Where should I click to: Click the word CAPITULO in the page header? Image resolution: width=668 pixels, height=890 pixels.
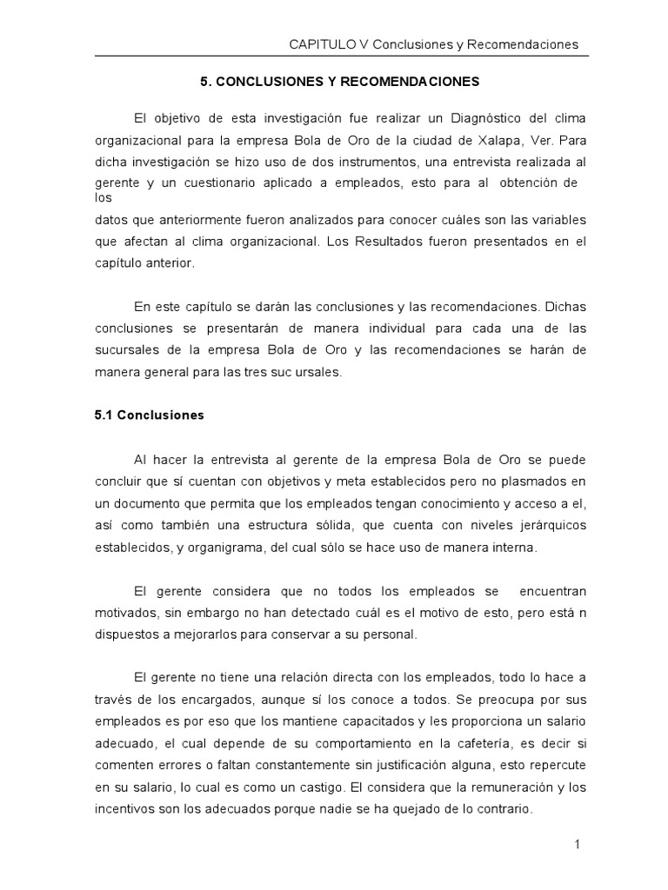(x=319, y=43)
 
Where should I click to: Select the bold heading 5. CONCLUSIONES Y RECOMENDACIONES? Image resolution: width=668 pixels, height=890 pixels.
(x=340, y=82)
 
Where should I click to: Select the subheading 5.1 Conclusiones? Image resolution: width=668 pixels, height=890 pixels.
(x=149, y=415)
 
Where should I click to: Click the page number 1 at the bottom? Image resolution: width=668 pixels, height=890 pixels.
(x=577, y=844)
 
